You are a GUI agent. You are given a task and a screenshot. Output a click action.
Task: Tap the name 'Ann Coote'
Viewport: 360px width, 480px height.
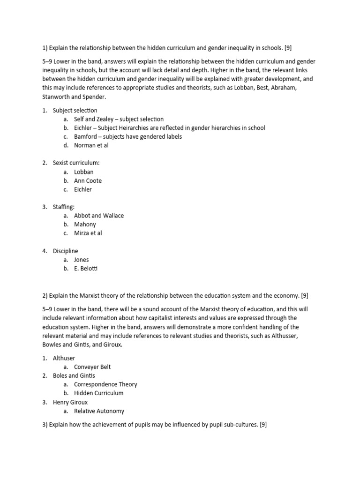click(x=88, y=180)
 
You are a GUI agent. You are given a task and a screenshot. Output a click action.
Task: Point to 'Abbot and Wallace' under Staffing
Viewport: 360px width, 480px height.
click(x=99, y=216)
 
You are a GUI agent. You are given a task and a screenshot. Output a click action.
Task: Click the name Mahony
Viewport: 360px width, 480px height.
click(x=85, y=225)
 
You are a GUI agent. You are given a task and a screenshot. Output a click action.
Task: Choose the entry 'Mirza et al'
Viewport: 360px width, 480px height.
click(x=88, y=233)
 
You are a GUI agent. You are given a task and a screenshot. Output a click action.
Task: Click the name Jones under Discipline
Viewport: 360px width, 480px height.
click(x=81, y=260)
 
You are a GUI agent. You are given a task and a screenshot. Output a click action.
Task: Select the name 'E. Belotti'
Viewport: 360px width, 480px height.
click(x=86, y=269)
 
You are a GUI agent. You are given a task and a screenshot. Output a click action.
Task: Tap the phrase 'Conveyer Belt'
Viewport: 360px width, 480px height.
click(x=92, y=367)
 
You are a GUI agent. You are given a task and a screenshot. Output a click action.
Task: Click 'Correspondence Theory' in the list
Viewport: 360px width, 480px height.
click(x=105, y=384)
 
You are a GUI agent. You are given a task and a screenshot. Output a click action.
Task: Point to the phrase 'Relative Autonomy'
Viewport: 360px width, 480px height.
click(x=99, y=411)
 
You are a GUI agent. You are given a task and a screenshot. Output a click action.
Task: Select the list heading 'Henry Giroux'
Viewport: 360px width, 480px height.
click(x=70, y=402)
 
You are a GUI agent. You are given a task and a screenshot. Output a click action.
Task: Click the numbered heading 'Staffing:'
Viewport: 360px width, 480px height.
click(x=65, y=207)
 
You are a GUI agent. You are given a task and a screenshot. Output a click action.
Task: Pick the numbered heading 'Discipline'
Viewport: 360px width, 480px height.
click(x=66, y=251)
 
